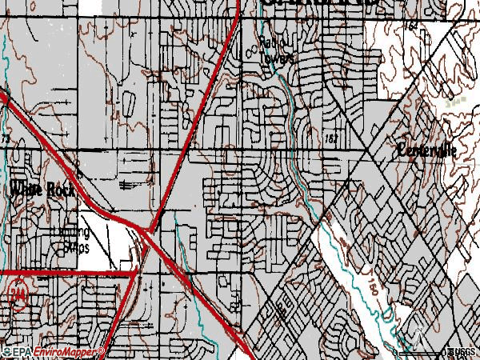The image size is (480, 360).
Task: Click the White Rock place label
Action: point(35,189)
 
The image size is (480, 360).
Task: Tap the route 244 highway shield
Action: point(17,295)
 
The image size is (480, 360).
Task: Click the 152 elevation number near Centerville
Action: point(332,139)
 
